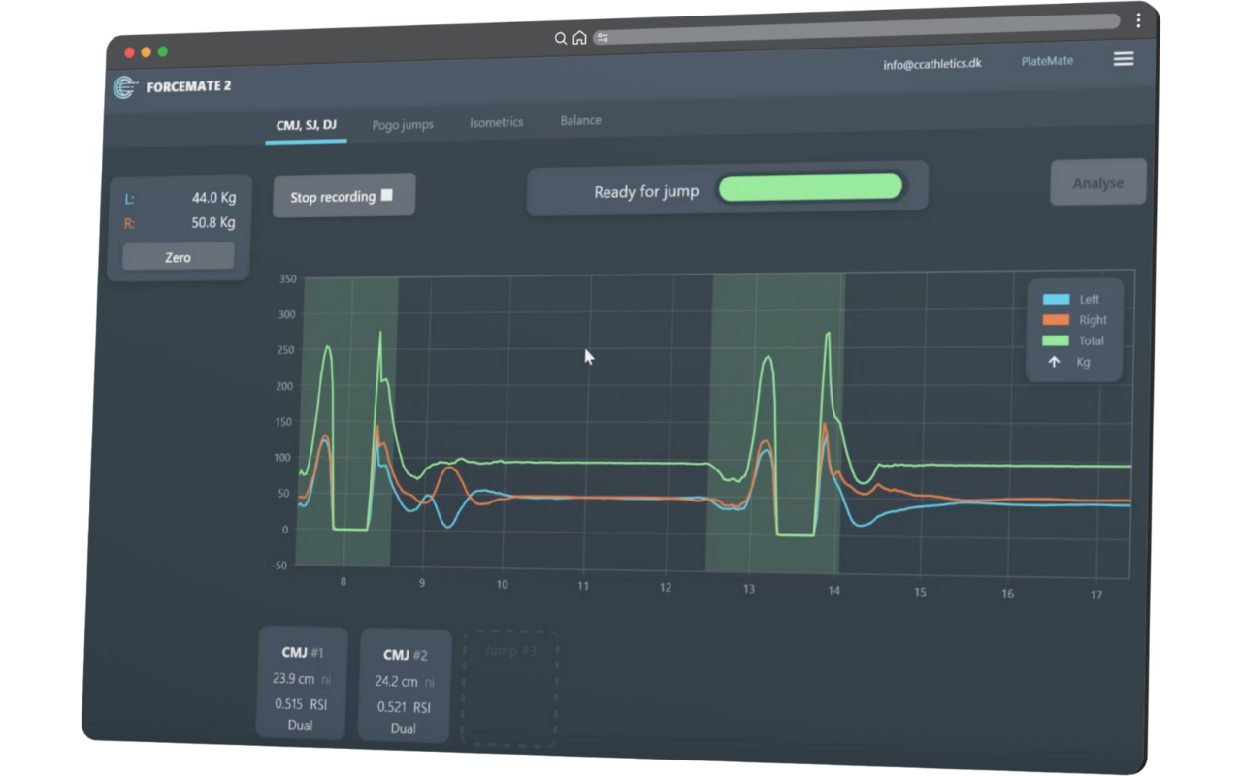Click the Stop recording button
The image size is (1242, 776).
tap(343, 196)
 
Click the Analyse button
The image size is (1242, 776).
tap(1097, 182)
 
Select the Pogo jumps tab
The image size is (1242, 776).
tap(403, 124)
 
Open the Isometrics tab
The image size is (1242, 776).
tap(496, 122)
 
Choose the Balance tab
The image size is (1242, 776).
tap(580, 120)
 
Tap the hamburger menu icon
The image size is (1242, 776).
tap(1124, 59)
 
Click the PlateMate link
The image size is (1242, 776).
tap(1047, 61)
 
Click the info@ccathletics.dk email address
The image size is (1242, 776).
tap(931, 64)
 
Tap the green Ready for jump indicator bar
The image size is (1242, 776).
tap(810, 187)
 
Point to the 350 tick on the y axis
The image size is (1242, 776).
tap(287, 279)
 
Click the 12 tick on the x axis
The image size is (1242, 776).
tap(665, 588)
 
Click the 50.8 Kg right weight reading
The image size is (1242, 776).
tap(213, 222)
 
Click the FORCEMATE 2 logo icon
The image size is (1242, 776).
tap(125, 87)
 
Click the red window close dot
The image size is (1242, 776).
tap(129, 51)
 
